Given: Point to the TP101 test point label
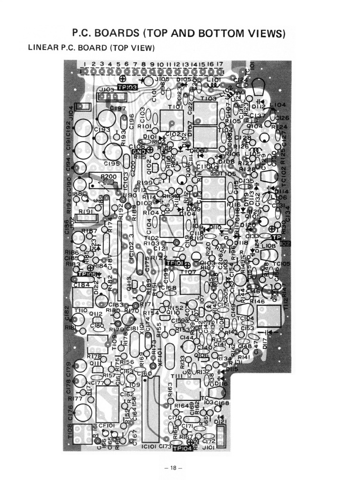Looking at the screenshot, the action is [175, 263].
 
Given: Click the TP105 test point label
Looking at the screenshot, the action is [87, 274].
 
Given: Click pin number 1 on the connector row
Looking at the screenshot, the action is [85, 64].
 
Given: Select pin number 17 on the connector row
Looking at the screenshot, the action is [220, 64].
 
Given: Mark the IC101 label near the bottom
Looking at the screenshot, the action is [149, 446].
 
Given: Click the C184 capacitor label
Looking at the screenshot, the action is [82, 285].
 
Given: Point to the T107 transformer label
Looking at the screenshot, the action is [188, 272].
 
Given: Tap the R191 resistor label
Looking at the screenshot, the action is [85, 212].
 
